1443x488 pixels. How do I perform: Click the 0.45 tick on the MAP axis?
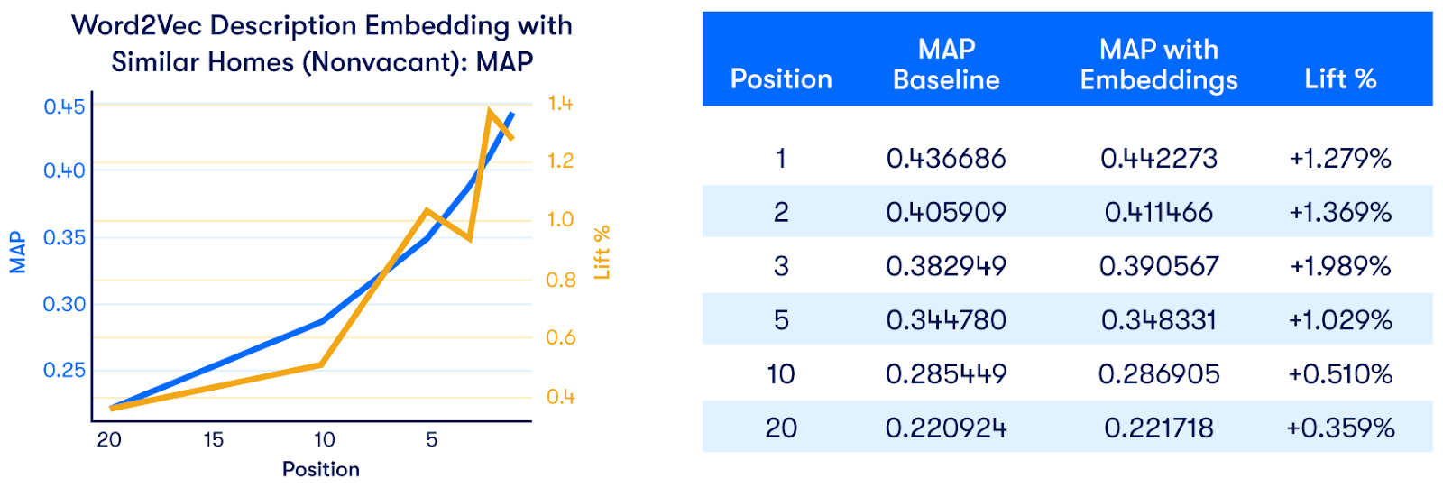point(64,106)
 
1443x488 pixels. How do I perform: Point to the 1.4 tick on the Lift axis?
point(560,103)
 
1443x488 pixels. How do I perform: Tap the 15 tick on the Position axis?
point(213,440)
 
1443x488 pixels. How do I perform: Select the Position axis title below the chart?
point(321,469)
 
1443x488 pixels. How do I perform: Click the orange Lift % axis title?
point(602,252)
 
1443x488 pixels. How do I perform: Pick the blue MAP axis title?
point(17,252)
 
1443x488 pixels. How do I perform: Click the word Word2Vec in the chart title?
point(137,26)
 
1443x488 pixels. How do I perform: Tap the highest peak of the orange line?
point(491,112)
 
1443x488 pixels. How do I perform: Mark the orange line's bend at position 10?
point(321,364)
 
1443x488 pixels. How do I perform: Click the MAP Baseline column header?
point(946,64)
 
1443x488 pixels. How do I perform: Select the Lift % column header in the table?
point(1340,79)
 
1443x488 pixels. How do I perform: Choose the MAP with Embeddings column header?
point(1159,64)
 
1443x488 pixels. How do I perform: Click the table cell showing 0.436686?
point(946,159)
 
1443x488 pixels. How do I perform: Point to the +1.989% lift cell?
point(1340,266)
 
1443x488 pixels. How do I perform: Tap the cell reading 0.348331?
point(1159,319)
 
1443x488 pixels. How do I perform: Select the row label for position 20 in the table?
point(781,428)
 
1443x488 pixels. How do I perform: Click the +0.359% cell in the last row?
point(1340,428)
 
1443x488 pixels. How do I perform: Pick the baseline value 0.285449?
point(946,374)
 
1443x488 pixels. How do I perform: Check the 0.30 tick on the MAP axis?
point(64,304)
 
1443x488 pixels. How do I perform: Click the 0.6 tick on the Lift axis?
point(560,337)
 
